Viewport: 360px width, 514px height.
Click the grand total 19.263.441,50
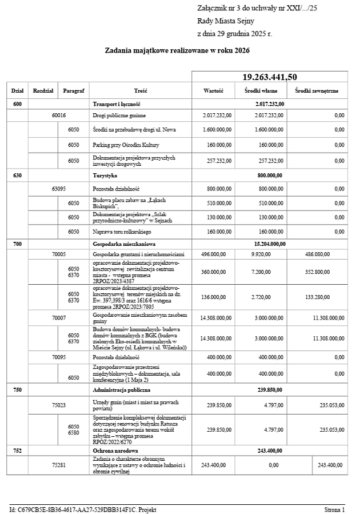(x=269, y=77)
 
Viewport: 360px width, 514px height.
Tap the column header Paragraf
(x=74, y=91)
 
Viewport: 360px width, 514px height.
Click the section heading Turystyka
(x=106, y=176)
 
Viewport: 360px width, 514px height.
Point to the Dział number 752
(x=17, y=451)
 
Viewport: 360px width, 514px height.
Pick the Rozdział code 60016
(x=59, y=115)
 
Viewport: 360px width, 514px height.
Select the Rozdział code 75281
(x=59, y=465)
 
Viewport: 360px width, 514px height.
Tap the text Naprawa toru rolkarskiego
(x=122, y=232)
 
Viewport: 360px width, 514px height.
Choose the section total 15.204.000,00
(x=269, y=244)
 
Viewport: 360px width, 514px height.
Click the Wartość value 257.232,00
(x=217, y=161)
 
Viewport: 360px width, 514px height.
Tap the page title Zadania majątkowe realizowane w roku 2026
(x=177, y=51)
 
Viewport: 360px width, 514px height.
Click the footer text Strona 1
(x=334, y=509)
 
